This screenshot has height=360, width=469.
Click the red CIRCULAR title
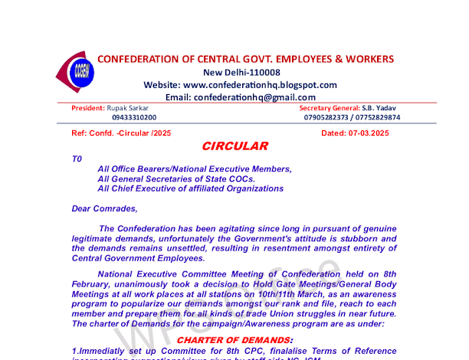tap(235, 146)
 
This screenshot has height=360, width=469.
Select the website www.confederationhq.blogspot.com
tap(261, 85)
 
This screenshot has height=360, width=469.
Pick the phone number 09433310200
tap(134, 118)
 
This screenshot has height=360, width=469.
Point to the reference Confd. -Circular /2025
tap(131, 133)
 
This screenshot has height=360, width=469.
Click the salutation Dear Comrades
tap(104, 208)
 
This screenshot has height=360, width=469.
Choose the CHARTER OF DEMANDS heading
tap(235, 339)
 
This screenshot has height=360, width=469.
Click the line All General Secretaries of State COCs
tap(176, 178)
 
